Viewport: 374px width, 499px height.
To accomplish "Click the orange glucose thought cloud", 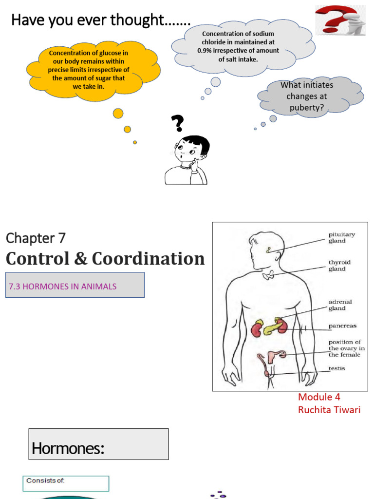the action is pyautogui.click(x=92, y=71).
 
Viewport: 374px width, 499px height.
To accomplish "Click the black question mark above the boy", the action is pyautogui.click(x=178, y=123).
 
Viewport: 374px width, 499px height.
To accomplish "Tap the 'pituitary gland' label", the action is pyautogui.click(x=341, y=237).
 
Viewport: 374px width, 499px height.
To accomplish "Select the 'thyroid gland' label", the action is pyautogui.click(x=339, y=266).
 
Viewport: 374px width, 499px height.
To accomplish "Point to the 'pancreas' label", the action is pyautogui.click(x=342, y=326).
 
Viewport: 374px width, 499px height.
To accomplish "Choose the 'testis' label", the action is pyautogui.click(x=337, y=368).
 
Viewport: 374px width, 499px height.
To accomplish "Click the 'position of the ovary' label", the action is pyautogui.click(x=346, y=348).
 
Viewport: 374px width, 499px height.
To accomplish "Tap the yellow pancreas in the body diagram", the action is pyautogui.click(x=270, y=329).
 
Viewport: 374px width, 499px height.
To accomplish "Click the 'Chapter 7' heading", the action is pyautogui.click(x=36, y=238).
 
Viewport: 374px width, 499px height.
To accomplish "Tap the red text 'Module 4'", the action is pyautogui.click(x=319, y=397).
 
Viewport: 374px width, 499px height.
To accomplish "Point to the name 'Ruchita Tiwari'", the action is pyautogui.click(x=329, y=410).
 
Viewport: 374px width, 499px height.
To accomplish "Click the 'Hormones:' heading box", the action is pyautogui.click(x=98, y=444).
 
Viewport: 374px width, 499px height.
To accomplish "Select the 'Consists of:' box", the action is pyautogui.click(x=66, y=483).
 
